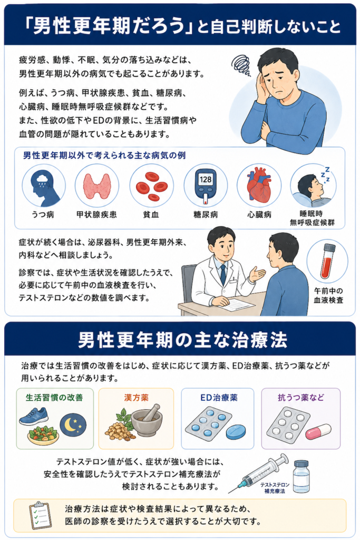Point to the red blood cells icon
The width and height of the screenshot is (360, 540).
[151, 186]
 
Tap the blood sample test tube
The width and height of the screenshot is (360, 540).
[327, 261]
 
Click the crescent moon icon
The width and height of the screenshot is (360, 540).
[73, 425]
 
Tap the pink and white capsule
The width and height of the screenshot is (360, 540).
[318, 432]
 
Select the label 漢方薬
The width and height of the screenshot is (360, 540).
[137, 398]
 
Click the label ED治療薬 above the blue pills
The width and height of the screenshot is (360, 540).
[219, 398]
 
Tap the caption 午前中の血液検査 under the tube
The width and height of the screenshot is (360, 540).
[328, 295]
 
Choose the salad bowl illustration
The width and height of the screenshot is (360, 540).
[43, 435]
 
